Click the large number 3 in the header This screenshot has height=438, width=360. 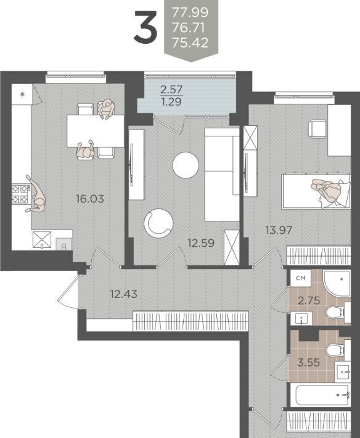coord(145,27)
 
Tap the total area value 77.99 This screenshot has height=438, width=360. coord(190,12)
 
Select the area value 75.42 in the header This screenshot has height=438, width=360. coord(190,43)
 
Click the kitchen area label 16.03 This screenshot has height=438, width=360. coord(90,199)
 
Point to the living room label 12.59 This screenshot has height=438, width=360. coord(201,243)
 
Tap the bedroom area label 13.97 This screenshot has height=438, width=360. coord(279,230)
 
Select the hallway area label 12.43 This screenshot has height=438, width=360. coord(124,294)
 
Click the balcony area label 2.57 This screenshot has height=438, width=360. coord(171,89)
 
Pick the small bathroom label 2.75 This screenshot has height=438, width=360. coord(309,300)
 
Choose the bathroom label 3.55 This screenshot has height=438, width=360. coord(309,363)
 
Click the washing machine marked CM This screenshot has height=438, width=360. coord(301,278)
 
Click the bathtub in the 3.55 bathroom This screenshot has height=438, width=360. coord(321,395)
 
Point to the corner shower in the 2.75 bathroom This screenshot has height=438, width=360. coord(337,284)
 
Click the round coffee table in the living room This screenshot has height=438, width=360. coord(186,165)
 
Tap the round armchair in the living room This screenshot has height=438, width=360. coord(158,223)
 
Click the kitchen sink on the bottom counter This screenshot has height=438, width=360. coord(64,244)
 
